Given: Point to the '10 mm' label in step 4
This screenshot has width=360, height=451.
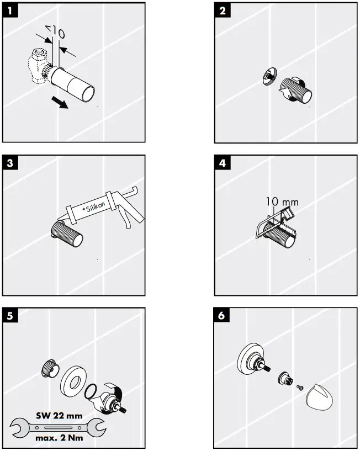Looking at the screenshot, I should pyautogui.click(x=282, y=202).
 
